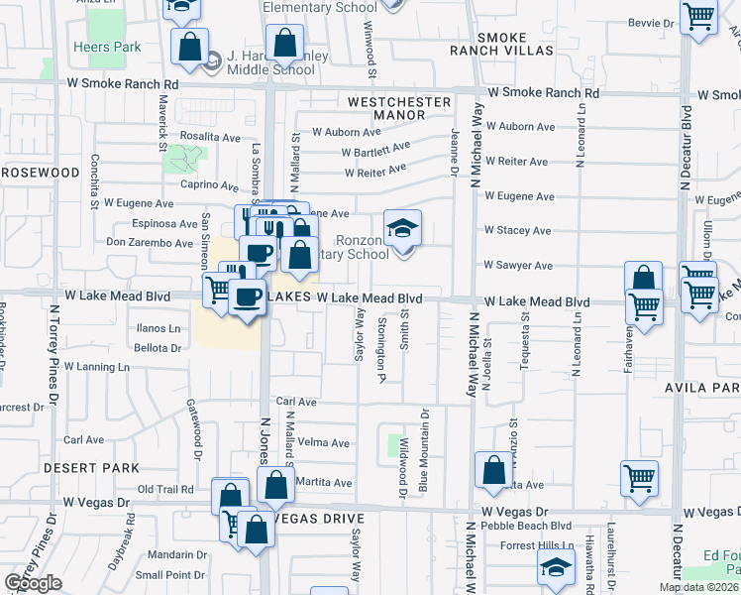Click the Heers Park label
[x=107, y=47]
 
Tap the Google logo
[x=33, y=583]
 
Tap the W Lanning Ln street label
[x=98, y=367]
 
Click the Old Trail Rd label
[x=165, y=489]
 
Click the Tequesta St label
[x=525, y=343]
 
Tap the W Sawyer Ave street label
[x=517, y=266]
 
